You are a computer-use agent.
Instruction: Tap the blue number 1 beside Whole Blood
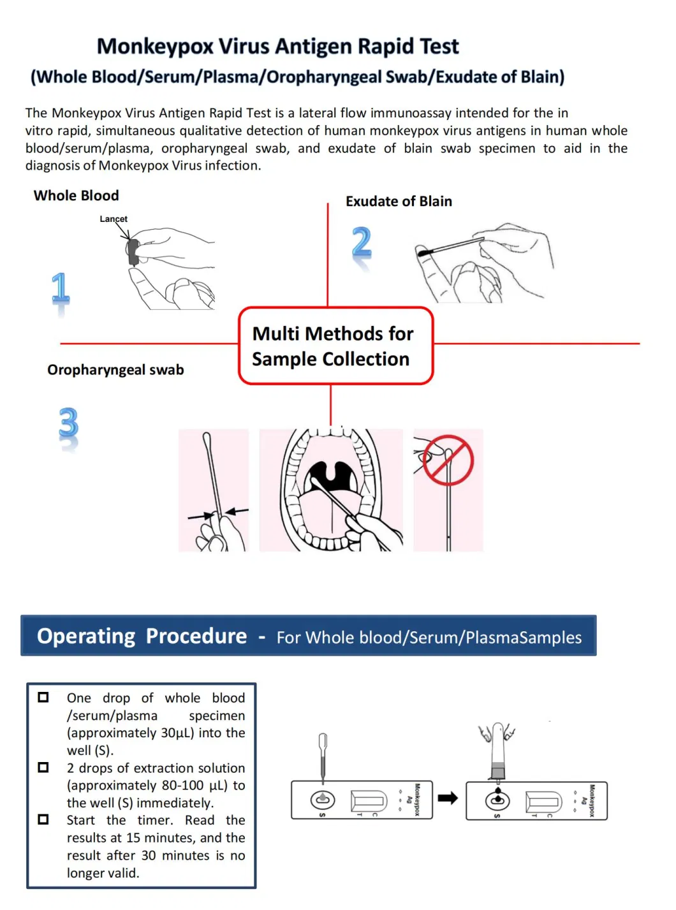61,289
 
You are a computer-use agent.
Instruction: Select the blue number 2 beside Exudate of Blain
362,243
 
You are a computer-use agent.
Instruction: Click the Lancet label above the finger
114,219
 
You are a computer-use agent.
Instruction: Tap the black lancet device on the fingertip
133,252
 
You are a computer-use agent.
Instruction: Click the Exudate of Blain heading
399,202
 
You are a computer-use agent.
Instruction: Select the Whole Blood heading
76,196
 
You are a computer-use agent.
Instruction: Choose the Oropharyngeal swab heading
115,370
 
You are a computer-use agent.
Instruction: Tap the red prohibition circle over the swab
449,460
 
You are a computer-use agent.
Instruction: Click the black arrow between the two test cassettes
448,798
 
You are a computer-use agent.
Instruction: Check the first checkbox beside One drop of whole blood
43,697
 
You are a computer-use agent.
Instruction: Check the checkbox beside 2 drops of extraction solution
43,767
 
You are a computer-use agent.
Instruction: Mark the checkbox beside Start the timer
43,819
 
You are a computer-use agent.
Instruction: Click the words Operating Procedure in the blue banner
142,636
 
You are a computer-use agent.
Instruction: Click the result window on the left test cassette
369,800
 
